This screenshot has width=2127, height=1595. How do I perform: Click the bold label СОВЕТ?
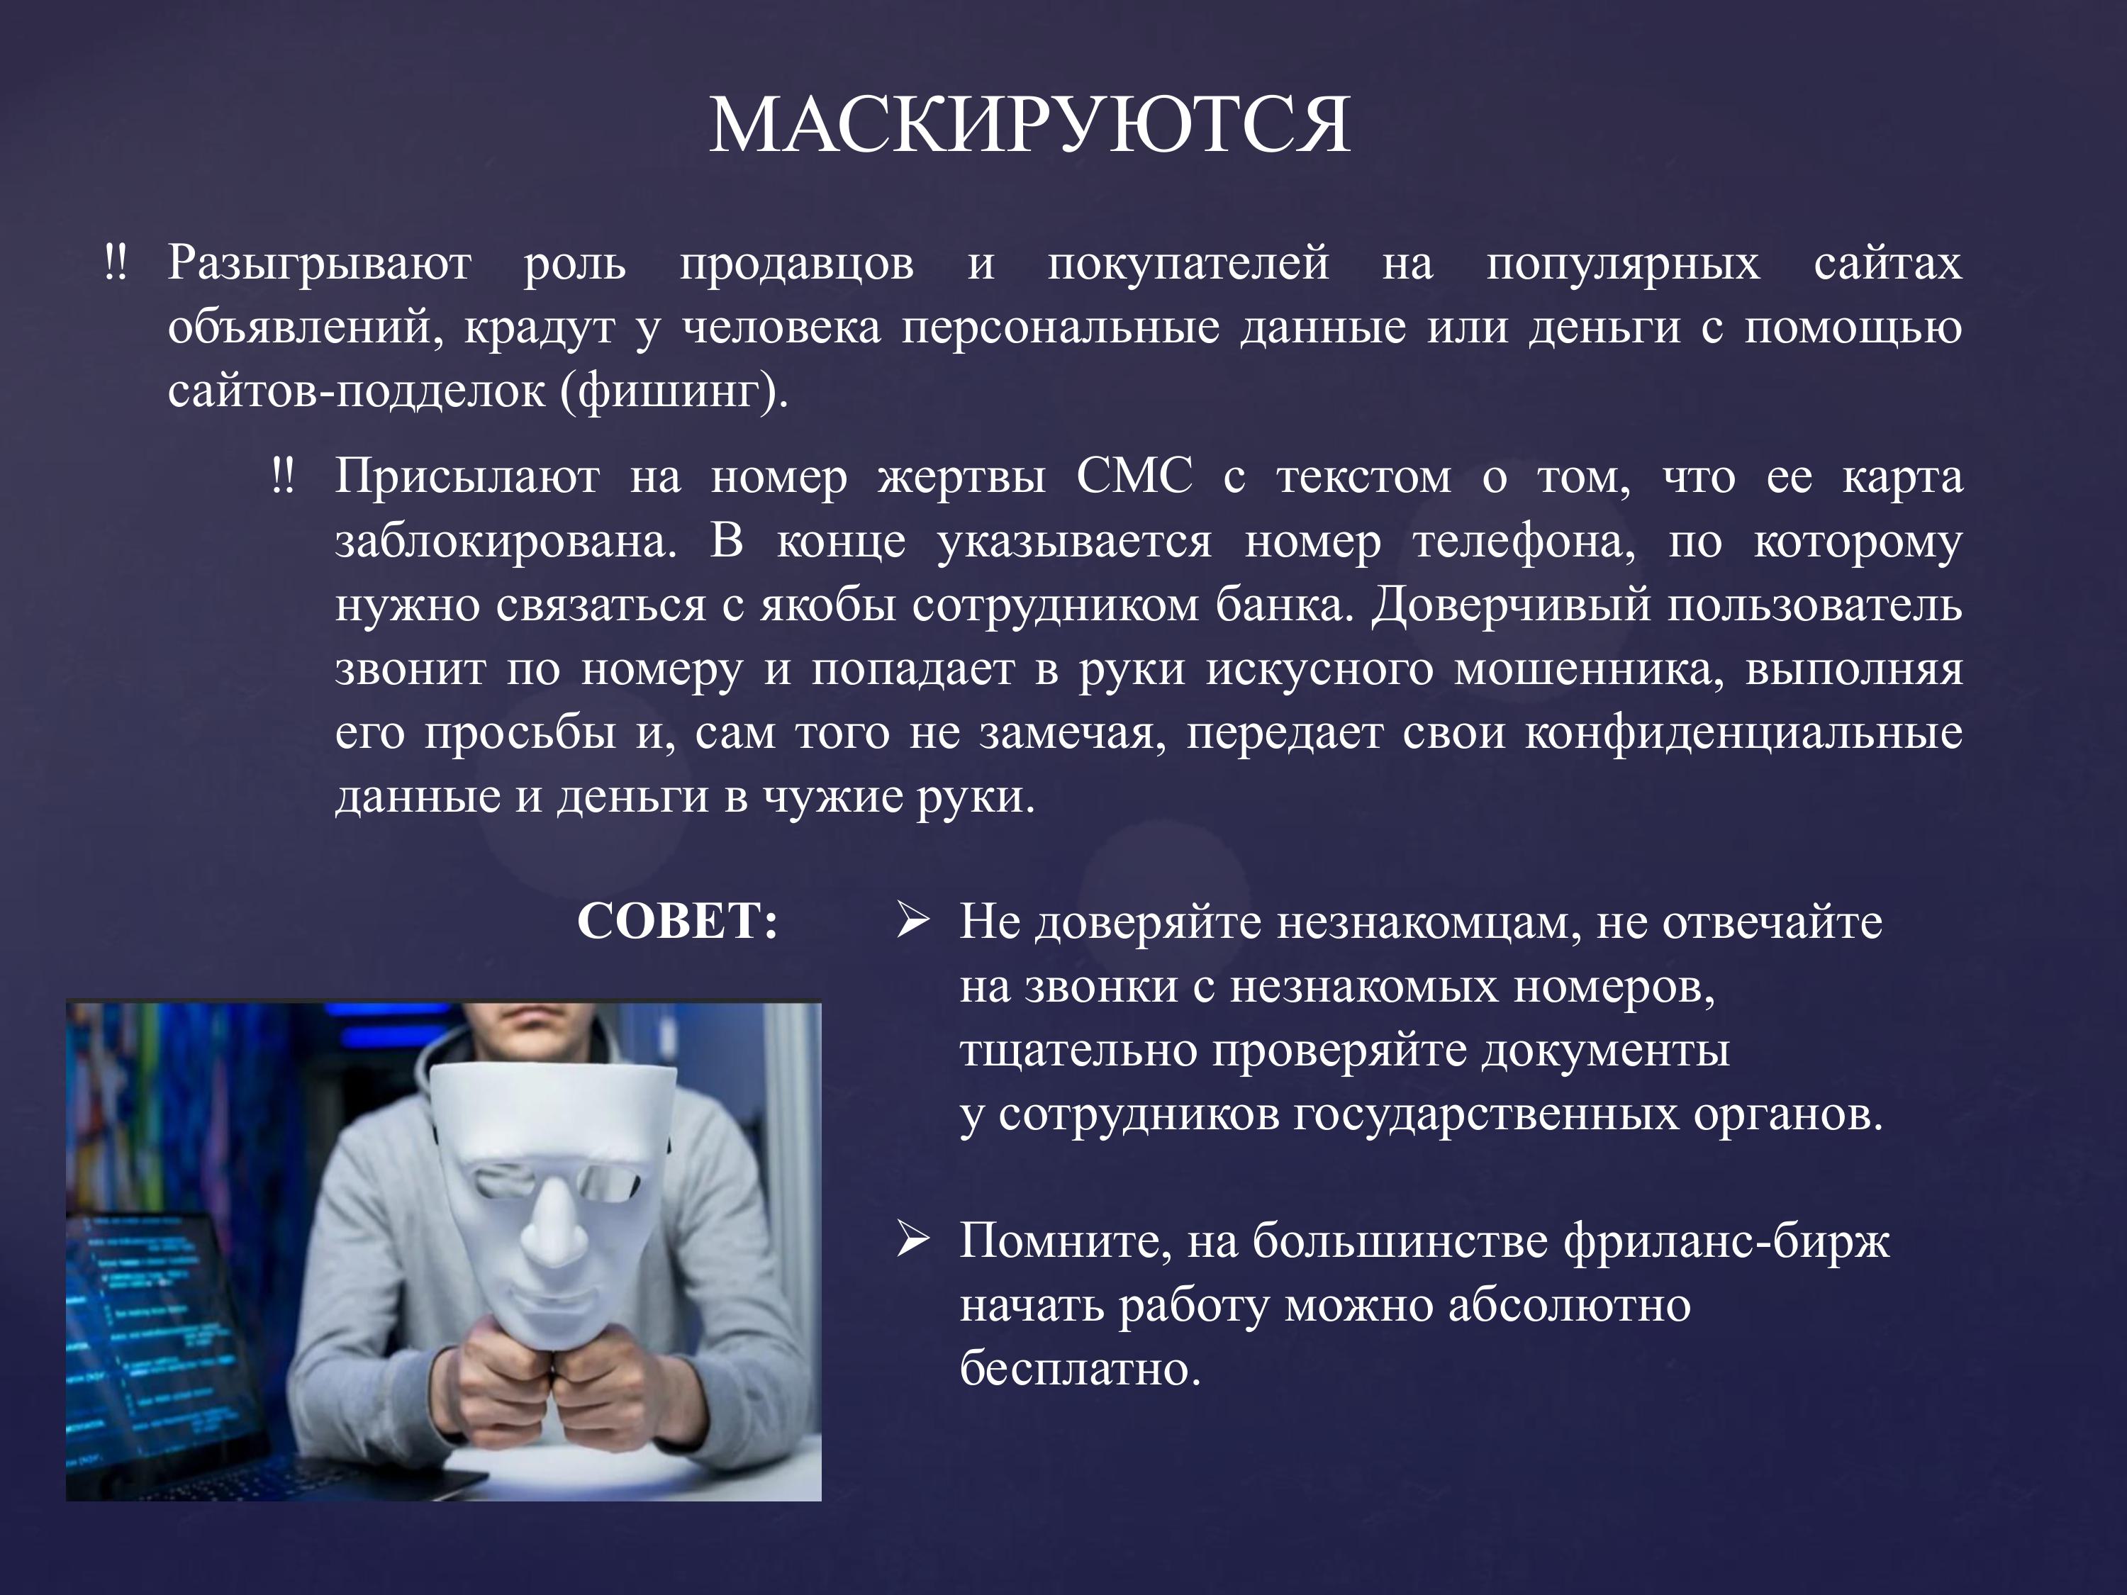pos(678,921)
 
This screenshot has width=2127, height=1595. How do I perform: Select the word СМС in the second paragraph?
pos(1134,476)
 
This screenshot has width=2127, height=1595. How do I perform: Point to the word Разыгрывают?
pos(319,264)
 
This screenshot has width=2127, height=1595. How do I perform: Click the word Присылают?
pos(467,476)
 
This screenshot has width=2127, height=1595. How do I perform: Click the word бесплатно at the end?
pos(1080,1368)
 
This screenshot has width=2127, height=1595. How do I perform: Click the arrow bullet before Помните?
pos(912,1241)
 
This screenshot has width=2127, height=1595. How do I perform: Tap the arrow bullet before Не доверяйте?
pos(912,920)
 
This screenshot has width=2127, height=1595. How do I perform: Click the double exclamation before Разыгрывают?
pos(116,262)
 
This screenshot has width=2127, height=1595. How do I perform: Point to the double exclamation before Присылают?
pos(283,475)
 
